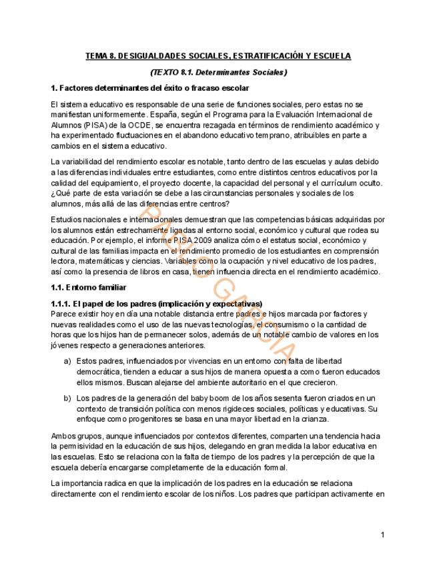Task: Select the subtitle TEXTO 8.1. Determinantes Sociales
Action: pos(218,72)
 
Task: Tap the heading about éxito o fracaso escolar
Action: pos(149,88)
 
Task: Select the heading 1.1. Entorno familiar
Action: pos(88,288)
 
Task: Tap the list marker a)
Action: pos(67,361)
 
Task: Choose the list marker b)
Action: pos(67,398)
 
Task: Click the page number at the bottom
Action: pos(383,535)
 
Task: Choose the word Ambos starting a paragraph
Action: pos(63,436)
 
